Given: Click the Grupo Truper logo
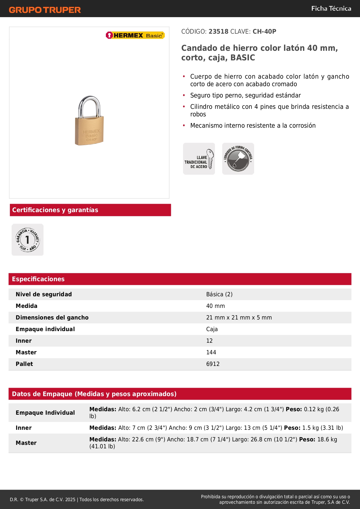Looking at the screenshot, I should pyautogui.click(x=45, y=10).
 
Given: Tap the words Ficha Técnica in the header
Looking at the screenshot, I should pyautogui.click(x=331, y=8).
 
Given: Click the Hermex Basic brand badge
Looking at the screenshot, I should pyautogui.click(x=135, y=35).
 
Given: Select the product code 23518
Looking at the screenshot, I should pyautogui.click(x=218, y=32).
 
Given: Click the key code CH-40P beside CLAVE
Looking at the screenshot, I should pyautogui.click(x=264, y=32).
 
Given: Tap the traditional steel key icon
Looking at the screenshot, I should pyautogui.click(x=199, y=159).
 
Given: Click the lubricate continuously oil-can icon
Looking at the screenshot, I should pyautogui.click(x=238, y=159).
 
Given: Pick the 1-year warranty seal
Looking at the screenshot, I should pyautogui.click(x=28, y=240).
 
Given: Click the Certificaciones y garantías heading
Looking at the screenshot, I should pyautogui.click(x=55, y=210).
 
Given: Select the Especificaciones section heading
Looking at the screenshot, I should pyautogui.click(x=38, y=279).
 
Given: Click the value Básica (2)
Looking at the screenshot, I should pyautogui.click(x=219, y=294).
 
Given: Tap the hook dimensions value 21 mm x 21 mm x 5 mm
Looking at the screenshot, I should pyautogui.click(x=239, y=317).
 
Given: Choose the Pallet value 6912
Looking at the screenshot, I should pyautogui.click(x=213, y=364).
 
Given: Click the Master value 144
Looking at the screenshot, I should pyautogui.click(x=211, y=352).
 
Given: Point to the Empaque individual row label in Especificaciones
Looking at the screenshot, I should pyautogui.click(x=45, y=329).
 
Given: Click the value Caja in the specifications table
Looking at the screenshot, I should pyautogui.click(x=212, y=329).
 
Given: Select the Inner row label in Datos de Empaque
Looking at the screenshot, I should pyautogui.click(x=24, y=428).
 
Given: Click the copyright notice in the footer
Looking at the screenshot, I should pyautogui.click(x=77, y=499).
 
